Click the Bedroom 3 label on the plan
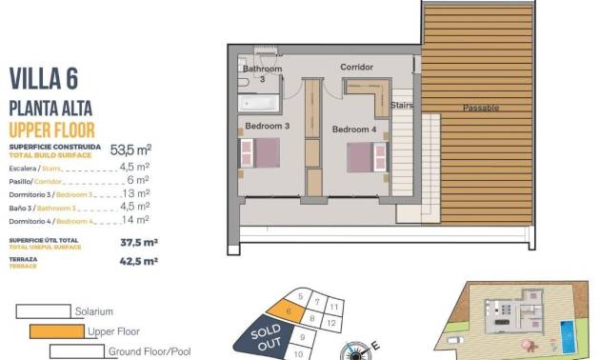(267, 126)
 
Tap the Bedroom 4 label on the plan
(354, 129)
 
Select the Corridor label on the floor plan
(356, 67)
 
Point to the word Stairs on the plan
(401, 106)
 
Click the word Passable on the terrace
(481, 108)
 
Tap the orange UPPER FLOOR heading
(50, 129)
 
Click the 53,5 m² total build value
(131, 150)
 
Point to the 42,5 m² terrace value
(139, 259)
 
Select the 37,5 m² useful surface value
(139, 242)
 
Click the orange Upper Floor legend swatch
(56, 331)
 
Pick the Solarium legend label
(93, 310)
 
